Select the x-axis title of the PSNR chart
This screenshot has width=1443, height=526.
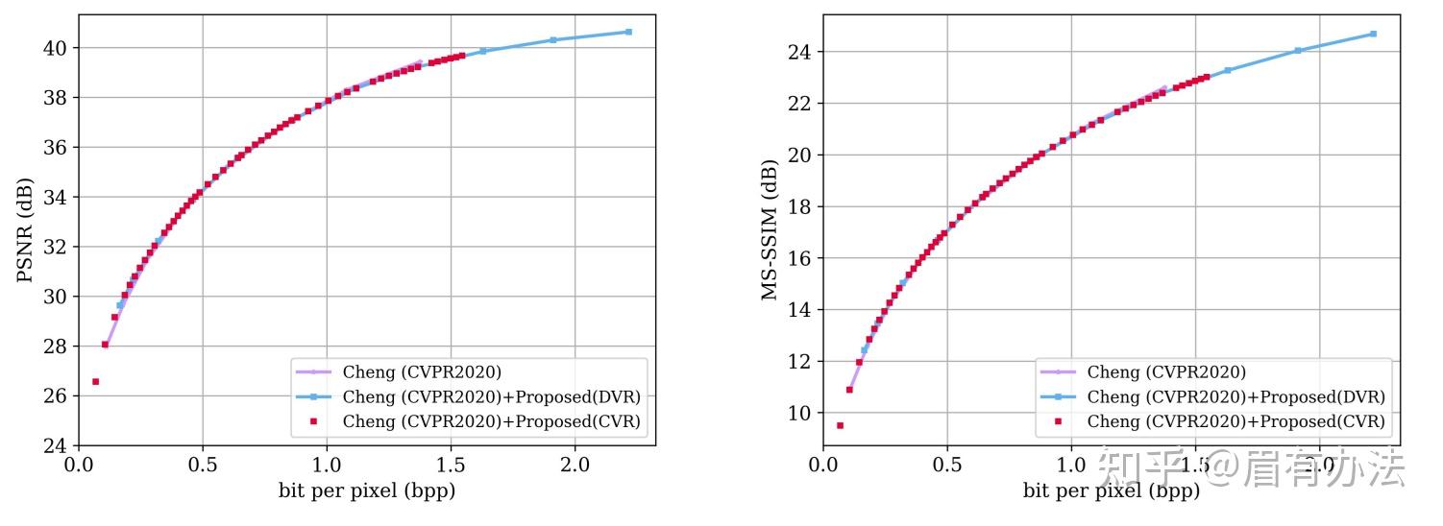click(x=367, y=491)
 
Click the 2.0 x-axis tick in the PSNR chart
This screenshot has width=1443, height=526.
click(x=575, y=466)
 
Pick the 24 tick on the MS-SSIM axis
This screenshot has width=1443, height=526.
click(x=800, y=52)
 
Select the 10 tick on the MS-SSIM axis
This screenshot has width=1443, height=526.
click(x=800, y=413)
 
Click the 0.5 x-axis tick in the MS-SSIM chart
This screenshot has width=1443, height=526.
click(x=947, y=466)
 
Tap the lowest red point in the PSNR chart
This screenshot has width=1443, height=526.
click(x=95, y=381)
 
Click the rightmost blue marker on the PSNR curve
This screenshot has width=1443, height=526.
click(x=628, y=32)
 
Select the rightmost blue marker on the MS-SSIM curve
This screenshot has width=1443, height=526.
click(x=1373, y=34)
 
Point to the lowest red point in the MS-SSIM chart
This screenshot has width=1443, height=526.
click(x=840, y=425)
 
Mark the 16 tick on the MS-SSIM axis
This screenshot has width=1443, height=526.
click(x=800, y=258)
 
